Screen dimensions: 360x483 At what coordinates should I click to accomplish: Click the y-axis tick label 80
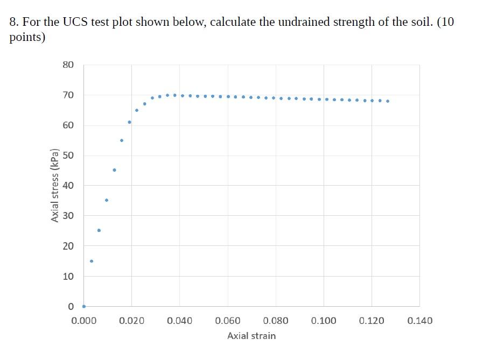[x=68, y=65]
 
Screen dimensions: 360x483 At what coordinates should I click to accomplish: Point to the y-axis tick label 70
[x=68, y=95]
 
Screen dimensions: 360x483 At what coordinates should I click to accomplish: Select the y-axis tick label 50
[x=68, y=156]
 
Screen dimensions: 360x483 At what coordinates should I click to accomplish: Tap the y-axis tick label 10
[x=68, y=276]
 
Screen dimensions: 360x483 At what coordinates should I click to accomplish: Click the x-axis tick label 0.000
[x=83, y=321]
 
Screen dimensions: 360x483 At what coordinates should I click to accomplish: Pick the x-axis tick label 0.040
[x=179, y=321]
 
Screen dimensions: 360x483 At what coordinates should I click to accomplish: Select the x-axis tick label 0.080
[x=276, y=321]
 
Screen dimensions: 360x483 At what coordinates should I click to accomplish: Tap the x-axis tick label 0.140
[x=419, y=321]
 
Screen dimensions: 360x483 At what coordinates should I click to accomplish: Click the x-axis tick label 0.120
[x=372, y=321]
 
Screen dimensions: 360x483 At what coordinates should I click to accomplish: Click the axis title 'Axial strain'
[x=251, y=336]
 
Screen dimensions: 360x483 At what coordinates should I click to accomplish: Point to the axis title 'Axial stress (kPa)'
[x=54, y=185]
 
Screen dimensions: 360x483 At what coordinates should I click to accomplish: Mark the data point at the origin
[x=83, y=306]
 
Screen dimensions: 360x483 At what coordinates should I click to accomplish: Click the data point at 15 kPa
[x=92, y=261]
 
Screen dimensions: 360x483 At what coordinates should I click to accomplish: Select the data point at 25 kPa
[x=99, y=230]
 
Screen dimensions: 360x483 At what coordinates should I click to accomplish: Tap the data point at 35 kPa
[x=107, y=200]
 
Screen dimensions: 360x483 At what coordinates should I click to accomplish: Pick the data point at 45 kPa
[x=114, y=170]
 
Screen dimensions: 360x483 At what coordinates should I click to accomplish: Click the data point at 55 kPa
[x=122, y=140]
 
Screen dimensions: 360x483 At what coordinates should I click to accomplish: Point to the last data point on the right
[x=388, y=101]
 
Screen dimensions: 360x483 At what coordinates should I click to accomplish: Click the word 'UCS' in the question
[x=78, y=22]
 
